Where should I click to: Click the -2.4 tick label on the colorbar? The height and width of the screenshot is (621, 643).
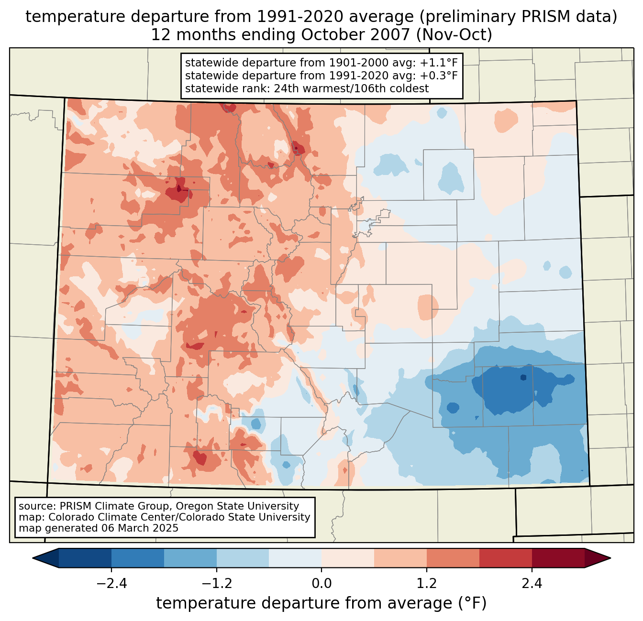point(111,584)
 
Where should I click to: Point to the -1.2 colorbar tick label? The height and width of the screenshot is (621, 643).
point(216,584)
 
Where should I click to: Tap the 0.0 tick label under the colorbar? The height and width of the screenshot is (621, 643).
point(321,584)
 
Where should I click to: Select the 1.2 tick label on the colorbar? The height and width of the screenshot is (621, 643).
point(427,584)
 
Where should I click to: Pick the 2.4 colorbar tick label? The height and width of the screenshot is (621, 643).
point(532,584)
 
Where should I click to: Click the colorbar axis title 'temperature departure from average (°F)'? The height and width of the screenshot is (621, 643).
point(321,604)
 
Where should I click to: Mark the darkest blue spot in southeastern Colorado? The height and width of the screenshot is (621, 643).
point(523,377)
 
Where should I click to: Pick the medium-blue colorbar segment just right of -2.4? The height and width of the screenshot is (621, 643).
point(138,558)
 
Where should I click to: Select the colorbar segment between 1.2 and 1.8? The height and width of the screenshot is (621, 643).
point(453,558)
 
